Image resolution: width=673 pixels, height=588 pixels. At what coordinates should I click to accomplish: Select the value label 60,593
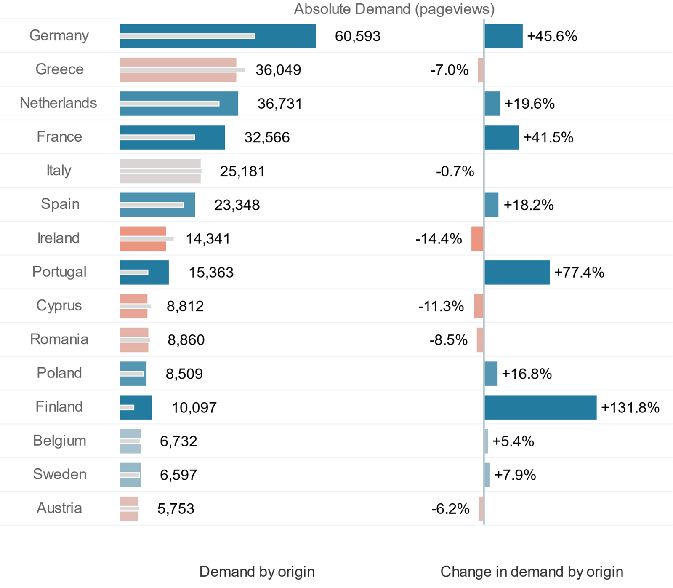tap(357, 37)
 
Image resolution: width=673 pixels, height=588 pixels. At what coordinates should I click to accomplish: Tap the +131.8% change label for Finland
tap(630, 408)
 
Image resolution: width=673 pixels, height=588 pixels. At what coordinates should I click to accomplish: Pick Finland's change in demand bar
tap(540, 407)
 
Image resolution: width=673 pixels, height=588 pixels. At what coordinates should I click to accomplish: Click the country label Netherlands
tap(58, 103)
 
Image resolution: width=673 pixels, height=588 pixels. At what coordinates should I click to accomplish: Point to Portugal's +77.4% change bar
tap(517, 273)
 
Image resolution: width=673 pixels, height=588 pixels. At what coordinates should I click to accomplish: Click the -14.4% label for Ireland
tap(439, 239)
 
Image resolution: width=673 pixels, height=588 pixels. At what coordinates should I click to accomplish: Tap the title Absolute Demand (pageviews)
tap(394, 9)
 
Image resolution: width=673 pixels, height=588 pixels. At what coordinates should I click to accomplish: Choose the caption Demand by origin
tap(257, 572)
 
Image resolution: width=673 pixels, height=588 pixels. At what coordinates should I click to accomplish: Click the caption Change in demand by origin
tap(532, 572)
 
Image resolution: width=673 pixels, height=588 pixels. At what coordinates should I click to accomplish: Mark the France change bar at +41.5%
tap(502, 137)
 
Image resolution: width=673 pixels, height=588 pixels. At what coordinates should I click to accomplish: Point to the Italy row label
tap(59, 171)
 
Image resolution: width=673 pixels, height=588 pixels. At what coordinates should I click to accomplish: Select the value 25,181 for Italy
tap(242, 171)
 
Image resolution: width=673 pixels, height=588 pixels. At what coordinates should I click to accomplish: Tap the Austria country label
tap(59, 508)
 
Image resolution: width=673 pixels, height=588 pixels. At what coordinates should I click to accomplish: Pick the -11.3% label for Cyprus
tap(441, 306)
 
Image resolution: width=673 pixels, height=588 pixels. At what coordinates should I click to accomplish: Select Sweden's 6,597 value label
tap(178, 475)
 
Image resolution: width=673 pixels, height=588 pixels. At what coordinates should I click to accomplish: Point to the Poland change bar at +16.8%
tap(491, 374)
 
